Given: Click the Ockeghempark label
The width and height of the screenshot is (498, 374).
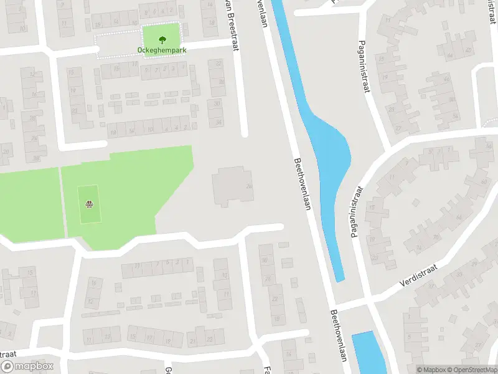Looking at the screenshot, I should point(162,50).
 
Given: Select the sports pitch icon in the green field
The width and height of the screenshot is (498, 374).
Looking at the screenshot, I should point(90,203).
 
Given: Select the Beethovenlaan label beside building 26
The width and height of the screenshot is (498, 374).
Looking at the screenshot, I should point(303,184).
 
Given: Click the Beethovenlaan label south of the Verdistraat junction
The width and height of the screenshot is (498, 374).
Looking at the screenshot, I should point(338,336).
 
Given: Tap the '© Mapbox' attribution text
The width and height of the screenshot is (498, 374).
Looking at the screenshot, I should point(431,369).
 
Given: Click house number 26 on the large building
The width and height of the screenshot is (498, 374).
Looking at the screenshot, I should point(248,186).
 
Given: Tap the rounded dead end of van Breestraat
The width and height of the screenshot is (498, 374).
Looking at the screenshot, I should point(244,133).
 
